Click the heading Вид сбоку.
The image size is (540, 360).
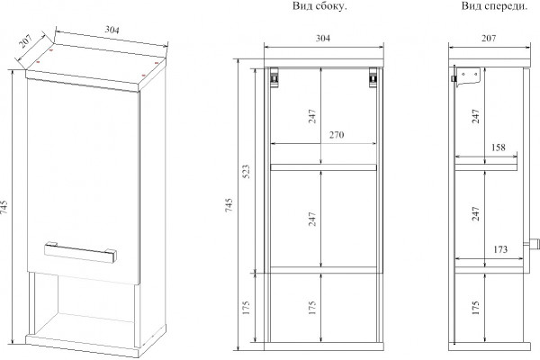[319, 6]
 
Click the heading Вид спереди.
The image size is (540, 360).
[494, 6]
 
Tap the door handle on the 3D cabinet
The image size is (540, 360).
[80, 252]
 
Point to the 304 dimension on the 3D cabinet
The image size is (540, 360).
[112, 30]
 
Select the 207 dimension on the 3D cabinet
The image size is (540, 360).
[25, 41]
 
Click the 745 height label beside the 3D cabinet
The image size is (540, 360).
[4, 207]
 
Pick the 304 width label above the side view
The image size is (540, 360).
[323, 38]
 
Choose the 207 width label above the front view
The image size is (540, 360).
[489, 38]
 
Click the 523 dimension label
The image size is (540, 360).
[247, 171]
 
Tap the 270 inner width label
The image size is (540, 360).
[337, 135]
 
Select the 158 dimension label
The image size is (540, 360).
[498, 148]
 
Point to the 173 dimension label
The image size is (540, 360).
[500, 249]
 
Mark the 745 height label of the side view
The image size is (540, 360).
[229, 205]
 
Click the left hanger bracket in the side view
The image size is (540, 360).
[274, 77]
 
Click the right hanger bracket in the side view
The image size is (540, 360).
[373, 77]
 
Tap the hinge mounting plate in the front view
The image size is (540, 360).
[467, 76]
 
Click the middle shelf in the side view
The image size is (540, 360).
[323, 167]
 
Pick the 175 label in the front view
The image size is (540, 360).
[475, 308]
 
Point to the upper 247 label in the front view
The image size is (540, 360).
[475, 116]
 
